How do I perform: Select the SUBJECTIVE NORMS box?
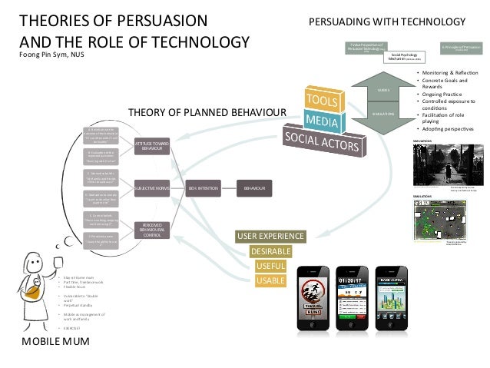pyautogui.click(x=152, y=187)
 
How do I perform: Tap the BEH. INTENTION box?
pyautogui.click(x=203, y=187)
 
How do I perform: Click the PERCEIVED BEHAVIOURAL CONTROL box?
pyautogui.click(x=151, y=228)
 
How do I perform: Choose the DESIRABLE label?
pyautogui.click(x=269, y=250)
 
